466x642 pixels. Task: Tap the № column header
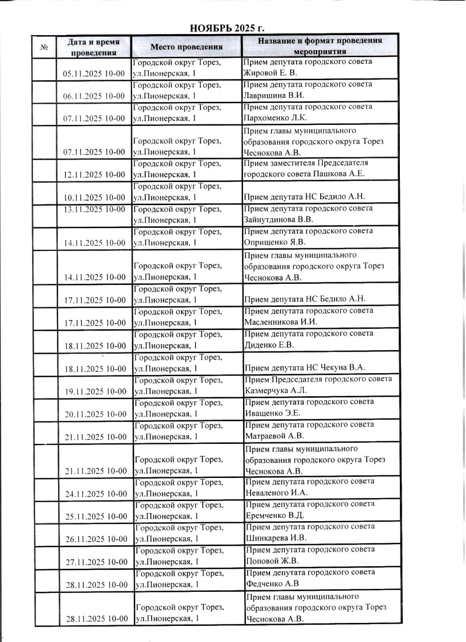click(44, 48)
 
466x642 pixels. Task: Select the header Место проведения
click(186, 47)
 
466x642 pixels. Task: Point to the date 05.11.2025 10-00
click(94, 73)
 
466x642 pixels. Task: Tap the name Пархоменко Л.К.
click(276, 118)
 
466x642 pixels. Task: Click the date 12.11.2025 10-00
click(94, 175)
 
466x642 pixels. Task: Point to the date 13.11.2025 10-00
click(94, 209)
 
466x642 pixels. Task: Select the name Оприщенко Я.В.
click(275, 242)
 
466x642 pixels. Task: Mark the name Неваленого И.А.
click(277, 493)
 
